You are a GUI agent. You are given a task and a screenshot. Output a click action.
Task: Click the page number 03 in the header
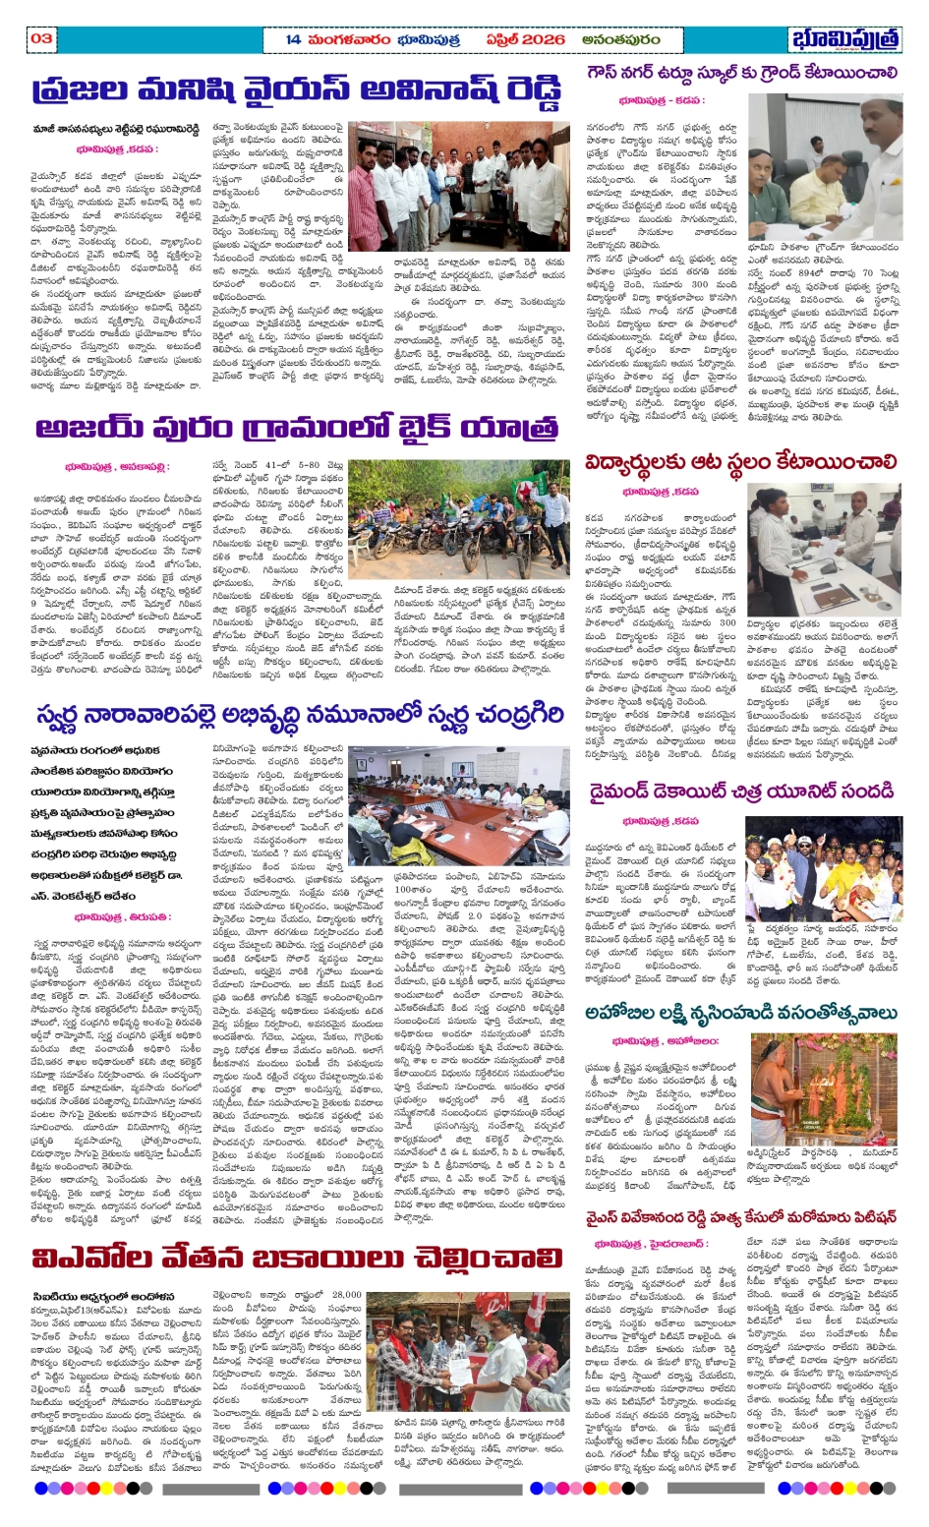pyautogui.click(x=41, y=38)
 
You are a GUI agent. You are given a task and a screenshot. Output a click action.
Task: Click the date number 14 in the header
pyautogui.click(x=293, y=39)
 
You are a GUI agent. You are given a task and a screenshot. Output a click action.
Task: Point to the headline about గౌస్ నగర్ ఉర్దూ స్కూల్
pyautogui.click(x=740, y=74)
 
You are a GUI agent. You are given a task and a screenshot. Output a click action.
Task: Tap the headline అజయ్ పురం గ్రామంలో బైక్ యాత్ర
pyautogui.click(x=297, y=429)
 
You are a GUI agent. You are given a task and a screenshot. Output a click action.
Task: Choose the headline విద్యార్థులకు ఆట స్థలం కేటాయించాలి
pyautogui.click(x=740, y=462)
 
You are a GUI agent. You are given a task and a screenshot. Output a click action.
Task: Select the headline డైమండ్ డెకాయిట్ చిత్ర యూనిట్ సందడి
pyautogui.click(x=740, y=792)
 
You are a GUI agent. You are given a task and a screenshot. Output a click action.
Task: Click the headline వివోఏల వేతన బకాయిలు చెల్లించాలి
pyautogui.click(x=297, y=1260)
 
